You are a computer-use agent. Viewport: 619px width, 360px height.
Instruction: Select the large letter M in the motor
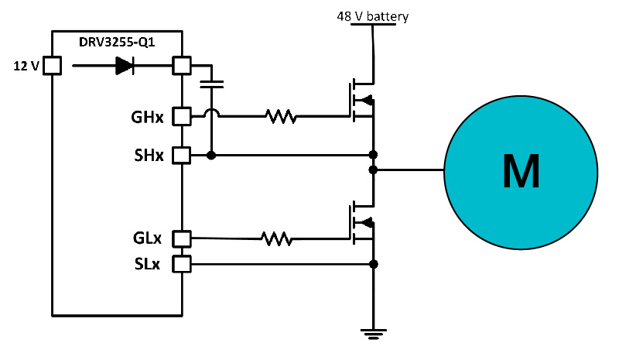[x=521, y=170]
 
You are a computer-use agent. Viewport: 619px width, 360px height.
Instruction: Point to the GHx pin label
[x=147, y=118]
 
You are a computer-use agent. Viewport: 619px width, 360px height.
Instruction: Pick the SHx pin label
[x=147, y=156]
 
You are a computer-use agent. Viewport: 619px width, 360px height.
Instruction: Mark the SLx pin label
[x=147, y=265]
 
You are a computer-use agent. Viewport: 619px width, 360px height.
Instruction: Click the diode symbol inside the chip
[x=125, y=67]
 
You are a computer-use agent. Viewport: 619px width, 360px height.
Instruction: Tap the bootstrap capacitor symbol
[x=211, y=84]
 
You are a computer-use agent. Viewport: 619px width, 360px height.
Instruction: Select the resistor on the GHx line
[x=280, y=117]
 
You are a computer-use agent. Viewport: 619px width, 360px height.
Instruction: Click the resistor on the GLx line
[x=275, y=238]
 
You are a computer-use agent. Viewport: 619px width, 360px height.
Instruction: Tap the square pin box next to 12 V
[x=52, y=67]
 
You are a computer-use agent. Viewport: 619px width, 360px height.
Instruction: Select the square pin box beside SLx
[x=181, y=265]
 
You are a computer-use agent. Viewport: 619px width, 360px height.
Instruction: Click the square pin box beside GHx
[x=181, y=117]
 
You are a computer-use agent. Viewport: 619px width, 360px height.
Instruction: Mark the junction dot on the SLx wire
[x=374, y=265]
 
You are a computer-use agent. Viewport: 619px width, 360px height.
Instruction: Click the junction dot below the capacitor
[x=211, y=156]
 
